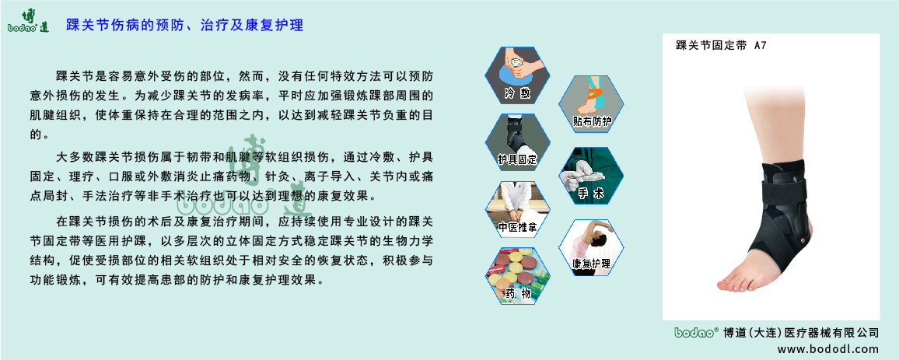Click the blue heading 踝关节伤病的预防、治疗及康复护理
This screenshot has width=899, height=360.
[184, 25]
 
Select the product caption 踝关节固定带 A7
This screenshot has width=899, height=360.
[721, 47]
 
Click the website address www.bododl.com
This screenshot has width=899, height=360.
[827, 348]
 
